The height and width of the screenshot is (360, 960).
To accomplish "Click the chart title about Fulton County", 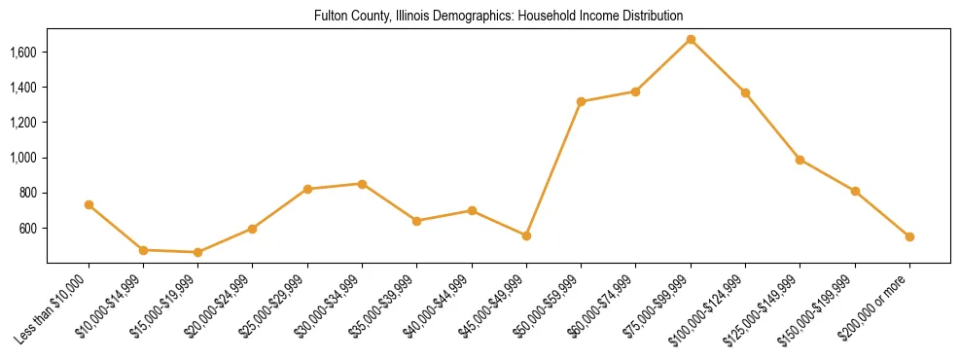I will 499,17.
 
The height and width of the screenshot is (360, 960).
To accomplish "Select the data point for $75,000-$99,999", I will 691,39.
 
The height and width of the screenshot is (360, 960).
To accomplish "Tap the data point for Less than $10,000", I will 89,204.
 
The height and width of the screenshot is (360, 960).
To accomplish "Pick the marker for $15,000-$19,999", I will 197,252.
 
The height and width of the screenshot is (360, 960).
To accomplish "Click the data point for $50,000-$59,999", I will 581,101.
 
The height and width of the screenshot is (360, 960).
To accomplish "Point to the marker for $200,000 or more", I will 909,236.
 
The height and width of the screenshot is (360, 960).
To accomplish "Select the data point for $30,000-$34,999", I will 362,184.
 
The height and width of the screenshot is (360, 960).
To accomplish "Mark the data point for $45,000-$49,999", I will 526,235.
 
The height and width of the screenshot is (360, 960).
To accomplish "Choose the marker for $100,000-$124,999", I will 745,92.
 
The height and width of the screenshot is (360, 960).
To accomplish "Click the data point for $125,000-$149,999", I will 800,160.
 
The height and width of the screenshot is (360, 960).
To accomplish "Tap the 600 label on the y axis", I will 29,228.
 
